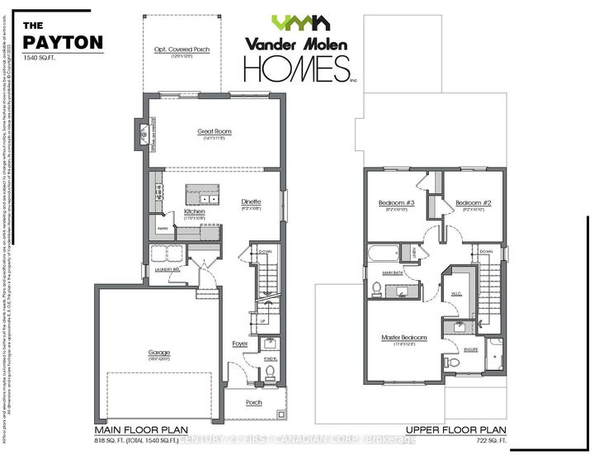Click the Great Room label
[x=214, y=131]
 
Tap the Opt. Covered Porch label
[x=182, y=50]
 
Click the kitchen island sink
[x=205, y=199]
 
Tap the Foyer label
[x=239, y=343]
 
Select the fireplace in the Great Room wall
[x=143, y=132]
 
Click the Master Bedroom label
[x=403, y=338]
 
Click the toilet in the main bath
[x=375, y=287]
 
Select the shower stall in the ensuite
[x=495, y=353]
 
